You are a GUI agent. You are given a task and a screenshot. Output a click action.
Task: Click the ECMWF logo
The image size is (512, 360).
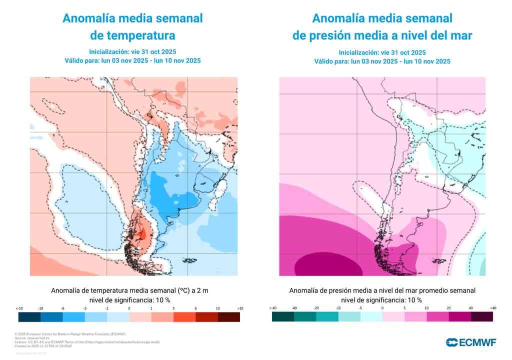(470, 342)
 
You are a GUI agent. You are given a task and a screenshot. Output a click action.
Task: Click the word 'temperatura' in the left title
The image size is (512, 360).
(132, 35)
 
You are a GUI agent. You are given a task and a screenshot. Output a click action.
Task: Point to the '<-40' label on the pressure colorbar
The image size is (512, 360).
(272, 308)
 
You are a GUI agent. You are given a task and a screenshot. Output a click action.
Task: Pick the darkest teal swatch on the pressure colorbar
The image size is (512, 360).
(283, 317)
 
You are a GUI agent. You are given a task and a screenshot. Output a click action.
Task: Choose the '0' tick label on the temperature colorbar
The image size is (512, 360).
(129, 308)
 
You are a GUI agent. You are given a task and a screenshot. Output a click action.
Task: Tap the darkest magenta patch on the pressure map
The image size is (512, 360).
(325, 262)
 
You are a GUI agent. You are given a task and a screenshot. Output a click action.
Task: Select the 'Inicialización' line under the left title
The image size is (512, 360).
(132, 51)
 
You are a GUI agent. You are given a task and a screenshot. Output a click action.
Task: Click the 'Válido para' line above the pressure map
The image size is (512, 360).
(382, 61)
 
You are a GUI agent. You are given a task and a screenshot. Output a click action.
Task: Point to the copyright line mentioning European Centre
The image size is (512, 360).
(70, 334)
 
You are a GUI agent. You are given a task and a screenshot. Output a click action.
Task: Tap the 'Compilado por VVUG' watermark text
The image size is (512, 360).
(31, 353)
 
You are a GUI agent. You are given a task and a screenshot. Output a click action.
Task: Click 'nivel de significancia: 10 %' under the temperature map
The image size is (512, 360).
(129, 300)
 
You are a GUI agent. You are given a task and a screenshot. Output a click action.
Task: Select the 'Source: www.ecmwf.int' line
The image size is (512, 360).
(35, 338)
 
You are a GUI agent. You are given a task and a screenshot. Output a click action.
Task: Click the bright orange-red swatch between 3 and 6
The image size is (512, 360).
(184, 317)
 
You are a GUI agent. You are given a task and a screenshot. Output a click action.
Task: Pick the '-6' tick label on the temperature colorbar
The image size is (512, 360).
(62, 308)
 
